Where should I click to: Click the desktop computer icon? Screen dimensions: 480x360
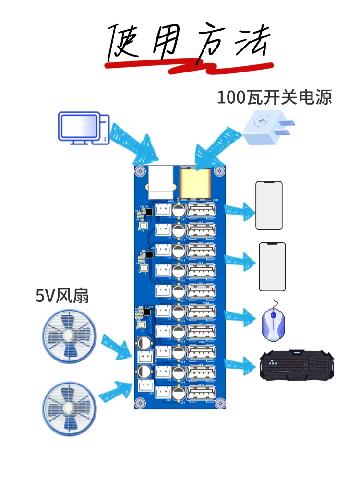tap(83, 128)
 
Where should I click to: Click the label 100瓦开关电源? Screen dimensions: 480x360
tap(274, 97)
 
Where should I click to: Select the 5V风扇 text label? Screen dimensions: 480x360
tap(62, 296)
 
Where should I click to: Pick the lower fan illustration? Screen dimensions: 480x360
tap(69, 408)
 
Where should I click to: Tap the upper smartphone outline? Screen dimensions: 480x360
tap(269, 205)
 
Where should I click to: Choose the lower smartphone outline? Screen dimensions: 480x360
tap(272, 267)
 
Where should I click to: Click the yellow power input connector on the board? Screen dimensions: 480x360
tap(195, 183)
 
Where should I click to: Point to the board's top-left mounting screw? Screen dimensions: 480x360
tap(140, 171)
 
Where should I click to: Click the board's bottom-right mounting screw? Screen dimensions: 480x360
tap(220, 403)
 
